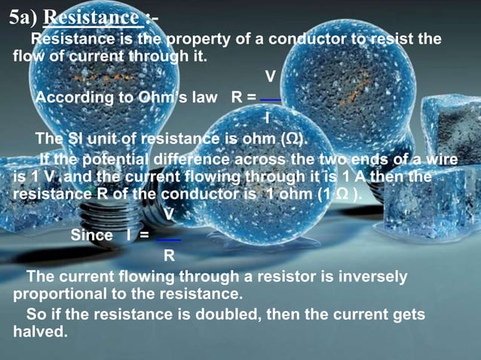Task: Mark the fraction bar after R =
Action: coord(270,99)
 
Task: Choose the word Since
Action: coord(91,235)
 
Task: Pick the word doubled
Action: coord(220,314)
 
